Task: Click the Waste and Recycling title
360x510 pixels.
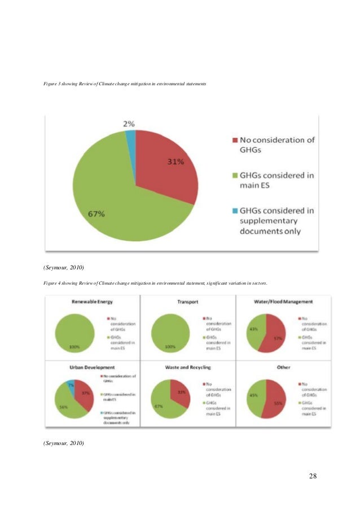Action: click(188, 367)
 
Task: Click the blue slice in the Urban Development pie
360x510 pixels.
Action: click(70, 386)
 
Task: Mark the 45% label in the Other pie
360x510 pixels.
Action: click(254, 395)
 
